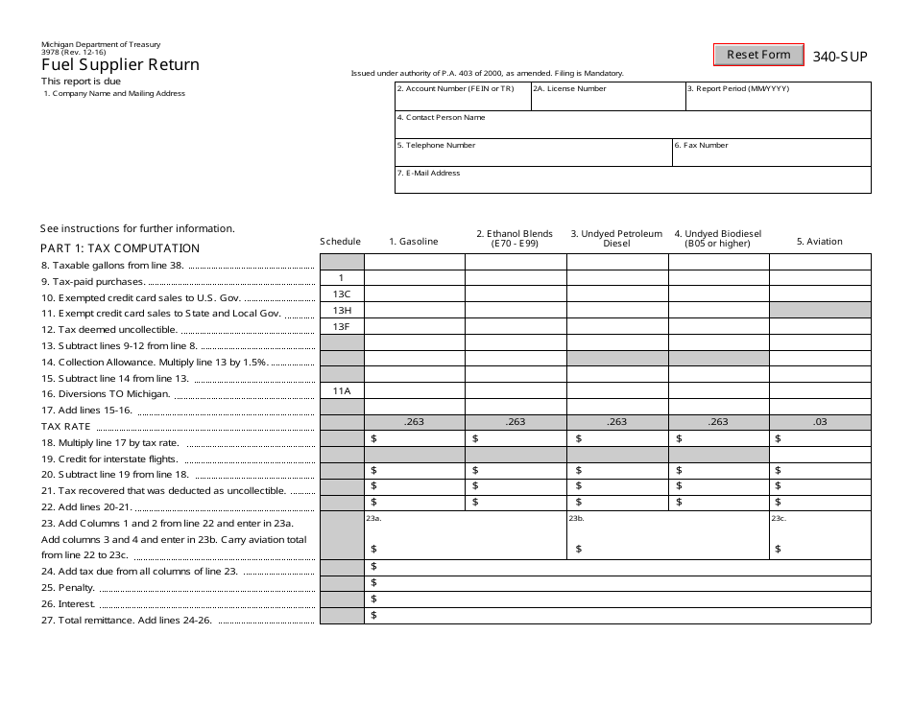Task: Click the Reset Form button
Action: [x=758, y=55]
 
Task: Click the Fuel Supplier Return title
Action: [x=120, y=65]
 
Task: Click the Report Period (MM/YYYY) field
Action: [x=778, y=100]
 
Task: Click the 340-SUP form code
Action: [x=840, y=57]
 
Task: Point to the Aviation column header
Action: [x=819, y=242]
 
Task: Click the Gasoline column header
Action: [x=414, y=242]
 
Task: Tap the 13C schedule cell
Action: [x=342, y=294]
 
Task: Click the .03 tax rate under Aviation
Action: [x=819, y=422]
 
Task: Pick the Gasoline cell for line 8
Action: [x=414, y=262]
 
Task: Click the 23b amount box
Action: [x=667, y=539]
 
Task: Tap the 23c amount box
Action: [x=819, y=539]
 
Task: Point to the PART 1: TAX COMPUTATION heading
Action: [x=120, y=248]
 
